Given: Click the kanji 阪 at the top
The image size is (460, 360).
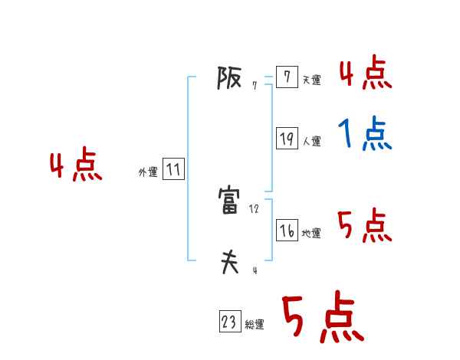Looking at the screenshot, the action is tap(230, 78).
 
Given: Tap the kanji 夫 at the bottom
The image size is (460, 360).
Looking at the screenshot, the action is tap(230, 263).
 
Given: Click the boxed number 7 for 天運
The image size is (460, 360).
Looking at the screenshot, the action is tap(287, 77).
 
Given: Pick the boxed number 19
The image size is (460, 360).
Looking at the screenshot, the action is tap(287, 139).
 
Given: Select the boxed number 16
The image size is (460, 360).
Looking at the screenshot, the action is tap(287, 231).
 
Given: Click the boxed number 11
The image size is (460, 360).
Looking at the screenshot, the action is tap(173, 170).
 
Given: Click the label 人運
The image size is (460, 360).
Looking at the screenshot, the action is tap(311, 142).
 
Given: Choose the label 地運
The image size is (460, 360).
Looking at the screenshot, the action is tap(311, 234).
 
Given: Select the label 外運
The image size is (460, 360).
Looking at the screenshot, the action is tap(148, 173).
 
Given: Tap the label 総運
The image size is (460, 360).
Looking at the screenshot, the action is tap(255, 326).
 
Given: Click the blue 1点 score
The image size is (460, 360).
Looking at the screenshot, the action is tap(365, 136).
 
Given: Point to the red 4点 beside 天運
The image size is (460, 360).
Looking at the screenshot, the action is tap(365, 73).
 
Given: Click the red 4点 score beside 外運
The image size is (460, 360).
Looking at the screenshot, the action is tap(76, 167).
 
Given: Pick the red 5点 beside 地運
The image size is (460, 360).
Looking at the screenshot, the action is tap(365, 226).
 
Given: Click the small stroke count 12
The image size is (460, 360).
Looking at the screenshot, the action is tap(255, 208).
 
